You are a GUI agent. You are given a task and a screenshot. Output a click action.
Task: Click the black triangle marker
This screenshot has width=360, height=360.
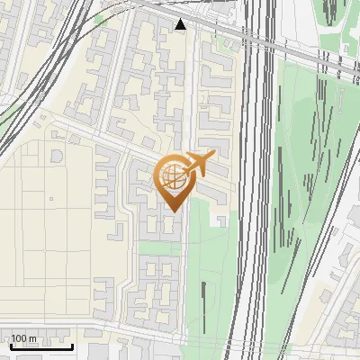point(182,24)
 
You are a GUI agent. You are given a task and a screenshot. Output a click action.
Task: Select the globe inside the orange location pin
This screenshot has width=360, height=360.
point(171,174)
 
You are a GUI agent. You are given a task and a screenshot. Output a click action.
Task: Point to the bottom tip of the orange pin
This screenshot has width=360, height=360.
point(171,211)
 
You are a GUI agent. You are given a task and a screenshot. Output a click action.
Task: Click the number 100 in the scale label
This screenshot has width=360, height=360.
point(20,338)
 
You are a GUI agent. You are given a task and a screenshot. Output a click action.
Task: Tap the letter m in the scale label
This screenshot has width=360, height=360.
point(33,338)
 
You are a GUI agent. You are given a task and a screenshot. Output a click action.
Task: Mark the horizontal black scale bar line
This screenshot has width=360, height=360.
point(41,346)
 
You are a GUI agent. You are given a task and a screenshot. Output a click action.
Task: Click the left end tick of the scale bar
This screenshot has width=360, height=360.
point(11,345)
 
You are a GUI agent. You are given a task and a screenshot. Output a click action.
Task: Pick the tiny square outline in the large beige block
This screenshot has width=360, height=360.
point(51,199)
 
